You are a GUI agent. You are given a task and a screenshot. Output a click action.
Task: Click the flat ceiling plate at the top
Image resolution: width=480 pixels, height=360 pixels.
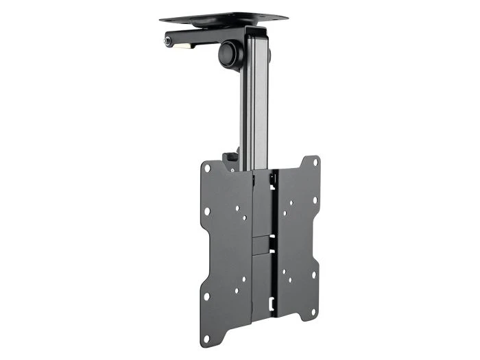pyautogui.click(x=224, y=17)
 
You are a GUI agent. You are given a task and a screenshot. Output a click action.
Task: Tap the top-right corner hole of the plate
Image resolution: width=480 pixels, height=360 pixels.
pyautogui.click(x=315, y=163)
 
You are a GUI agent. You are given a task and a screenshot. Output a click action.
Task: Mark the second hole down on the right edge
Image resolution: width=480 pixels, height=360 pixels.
pyautogui.click(x=315, y=201)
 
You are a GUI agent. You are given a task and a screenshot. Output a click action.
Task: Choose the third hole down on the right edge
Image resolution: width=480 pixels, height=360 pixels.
pyautogui.click(x=315, y=274)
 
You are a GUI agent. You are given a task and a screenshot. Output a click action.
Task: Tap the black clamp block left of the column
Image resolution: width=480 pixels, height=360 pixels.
pyautogui.click(x=232, y=159)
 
